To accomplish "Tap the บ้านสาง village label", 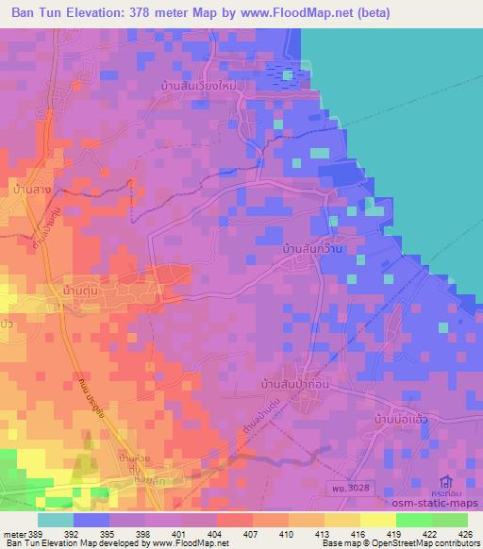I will coord(26,191).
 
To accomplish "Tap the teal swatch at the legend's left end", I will coord(56,519).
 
